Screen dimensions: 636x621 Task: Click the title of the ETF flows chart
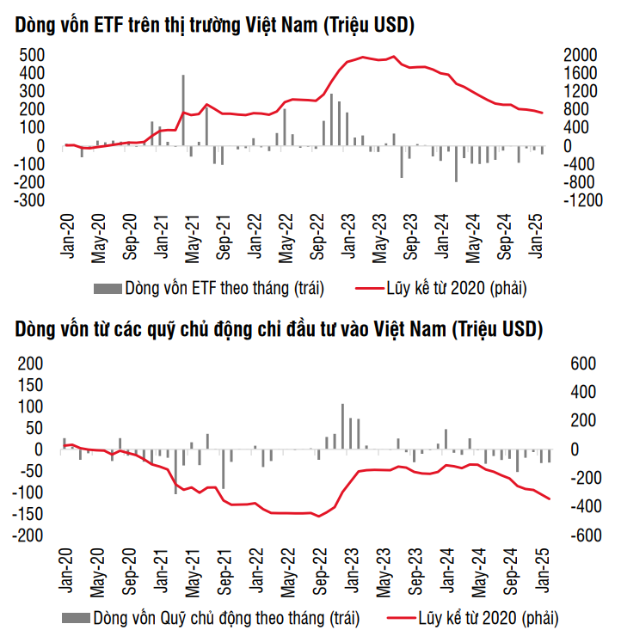[x=215, y=27]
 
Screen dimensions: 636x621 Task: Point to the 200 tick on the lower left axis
[x=31, y=364]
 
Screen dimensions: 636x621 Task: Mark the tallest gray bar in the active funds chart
[x=342, y=426]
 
